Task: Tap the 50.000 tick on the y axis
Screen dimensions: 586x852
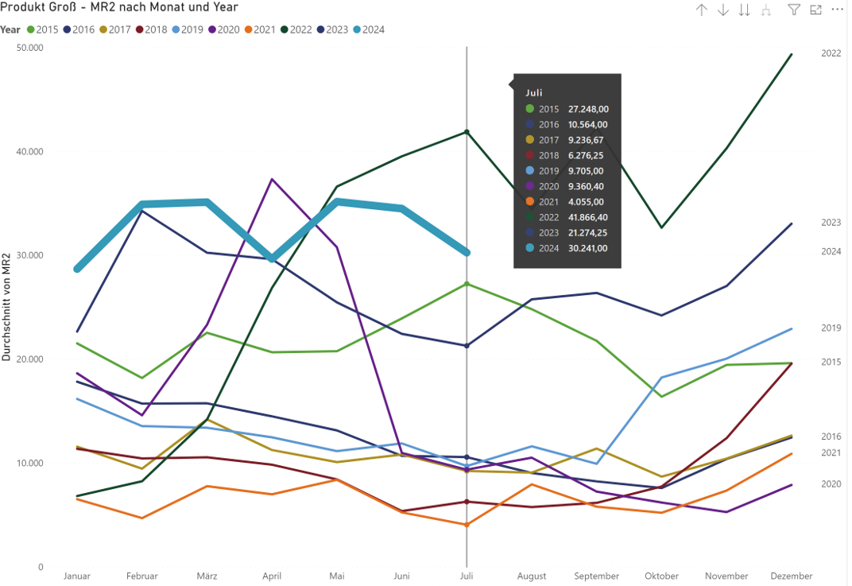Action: (x=30, y=48)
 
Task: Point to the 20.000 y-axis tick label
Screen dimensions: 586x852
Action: (x=30, y=359)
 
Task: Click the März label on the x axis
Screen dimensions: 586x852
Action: (x=207, y=576)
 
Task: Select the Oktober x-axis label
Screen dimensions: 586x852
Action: (x=661, y=576)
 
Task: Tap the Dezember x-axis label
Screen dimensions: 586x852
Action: (x=792, y=576)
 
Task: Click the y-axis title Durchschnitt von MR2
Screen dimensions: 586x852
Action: (x=7, y=306)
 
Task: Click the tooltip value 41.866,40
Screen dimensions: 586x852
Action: (x=587, y=217)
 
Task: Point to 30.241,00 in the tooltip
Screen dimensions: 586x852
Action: (x=587, y=248)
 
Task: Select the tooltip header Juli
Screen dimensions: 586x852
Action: (x=534, y=93)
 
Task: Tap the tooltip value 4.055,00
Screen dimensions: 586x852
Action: (x=587, y=202)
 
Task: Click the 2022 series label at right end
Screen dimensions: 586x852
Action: (x=831, y=53)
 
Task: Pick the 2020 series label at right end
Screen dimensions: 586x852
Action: (x=831, y=483)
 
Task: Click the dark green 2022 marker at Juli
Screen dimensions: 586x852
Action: (x=467, y=132)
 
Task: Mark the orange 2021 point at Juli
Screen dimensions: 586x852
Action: (x=467, y=525)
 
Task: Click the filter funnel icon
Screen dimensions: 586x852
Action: (x=793, y=10)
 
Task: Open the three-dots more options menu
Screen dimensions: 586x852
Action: (x=837, y=10)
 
